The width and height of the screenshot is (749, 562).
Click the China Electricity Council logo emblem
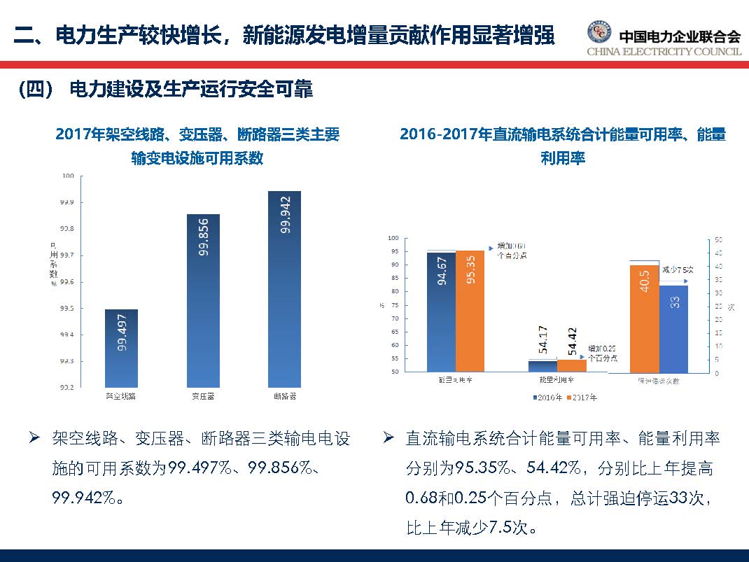click(598, 33)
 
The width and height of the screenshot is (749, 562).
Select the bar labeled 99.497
click(121, 348)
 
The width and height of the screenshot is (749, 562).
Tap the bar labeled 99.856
click(203, 301)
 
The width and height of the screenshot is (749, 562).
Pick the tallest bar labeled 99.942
click(284, 288)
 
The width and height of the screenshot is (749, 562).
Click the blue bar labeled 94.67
click(441, 311)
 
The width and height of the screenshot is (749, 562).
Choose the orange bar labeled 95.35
click(470, 310)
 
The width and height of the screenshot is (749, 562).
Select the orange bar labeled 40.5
click(644, 318)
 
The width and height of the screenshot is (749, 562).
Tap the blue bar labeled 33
click(673, 328)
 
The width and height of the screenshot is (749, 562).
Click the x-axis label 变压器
click(203, 396)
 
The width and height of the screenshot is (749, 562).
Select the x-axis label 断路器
click(284, 396)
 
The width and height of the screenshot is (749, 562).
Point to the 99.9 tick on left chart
click(66, 202)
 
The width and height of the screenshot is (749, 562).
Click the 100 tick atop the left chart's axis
click(67, 176)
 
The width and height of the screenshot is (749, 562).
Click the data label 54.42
click(572, 341)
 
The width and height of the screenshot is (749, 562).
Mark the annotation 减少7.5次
click(677, 269)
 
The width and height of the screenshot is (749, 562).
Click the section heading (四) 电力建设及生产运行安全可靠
click(165, 90)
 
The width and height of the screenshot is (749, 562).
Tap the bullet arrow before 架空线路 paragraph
click(33, 439)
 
